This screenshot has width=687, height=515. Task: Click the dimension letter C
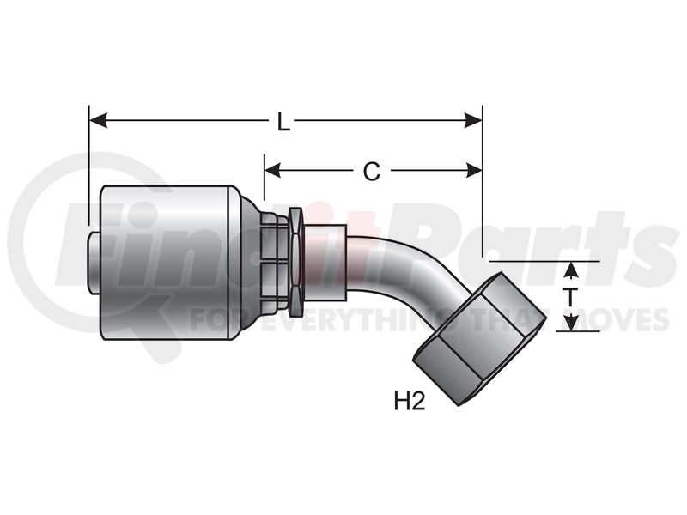tap(372, 171)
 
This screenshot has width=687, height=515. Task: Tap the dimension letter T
tap(570, 297)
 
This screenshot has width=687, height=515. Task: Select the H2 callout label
tap(410, 402)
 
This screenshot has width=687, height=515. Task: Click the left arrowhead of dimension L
tap(98, 120)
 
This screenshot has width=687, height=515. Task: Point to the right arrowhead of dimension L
tap(473, 120)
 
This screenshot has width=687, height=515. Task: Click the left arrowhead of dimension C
tap(273, 170)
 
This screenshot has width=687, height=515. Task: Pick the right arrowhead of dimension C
tap(474, 170)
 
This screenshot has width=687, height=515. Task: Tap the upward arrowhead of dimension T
tap(569, 270)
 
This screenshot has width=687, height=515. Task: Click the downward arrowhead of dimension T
tap(569, 324)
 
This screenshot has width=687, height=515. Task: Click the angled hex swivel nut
tap(480, 337)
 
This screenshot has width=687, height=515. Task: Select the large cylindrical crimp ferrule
tap(166, 263)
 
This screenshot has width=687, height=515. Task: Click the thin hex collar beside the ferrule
tap(296, 262)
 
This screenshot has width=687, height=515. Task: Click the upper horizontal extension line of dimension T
tap(544, 262)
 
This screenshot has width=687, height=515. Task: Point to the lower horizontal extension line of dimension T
tap(578, 331)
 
